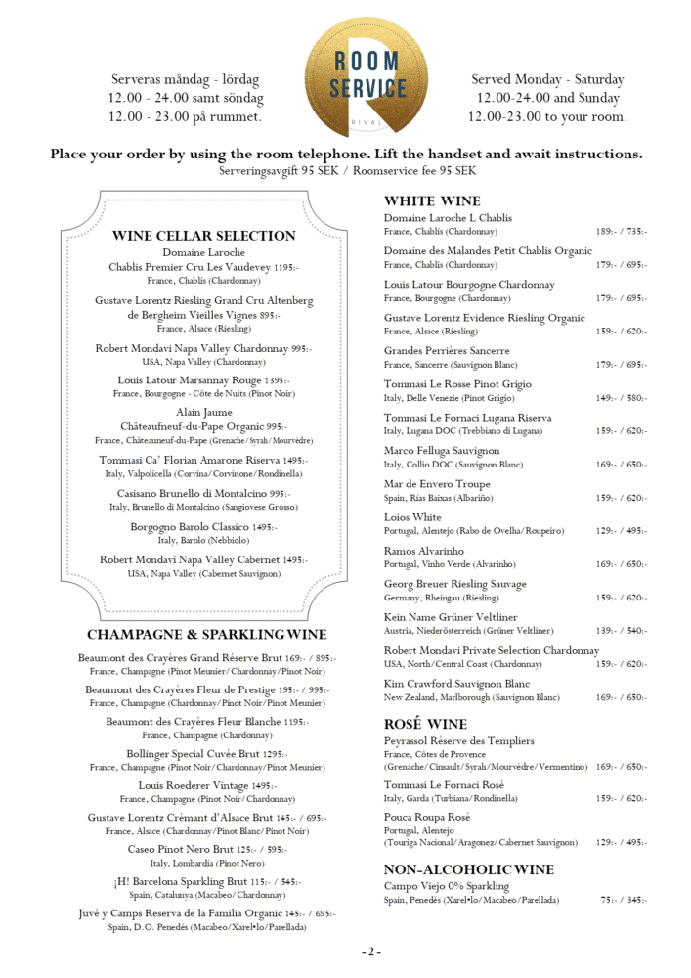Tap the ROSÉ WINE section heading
425,725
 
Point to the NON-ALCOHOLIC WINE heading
468,869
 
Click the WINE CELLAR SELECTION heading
203,236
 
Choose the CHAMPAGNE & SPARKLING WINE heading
206,635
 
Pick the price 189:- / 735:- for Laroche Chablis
621,232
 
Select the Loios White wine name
412,517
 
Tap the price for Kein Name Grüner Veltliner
621,631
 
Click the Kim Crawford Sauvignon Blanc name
456,684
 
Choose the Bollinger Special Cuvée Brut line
206,754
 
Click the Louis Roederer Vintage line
206,786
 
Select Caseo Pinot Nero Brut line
206,850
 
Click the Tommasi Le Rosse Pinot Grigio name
457,384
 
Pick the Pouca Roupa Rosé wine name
427,817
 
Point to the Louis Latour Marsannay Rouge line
203,380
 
